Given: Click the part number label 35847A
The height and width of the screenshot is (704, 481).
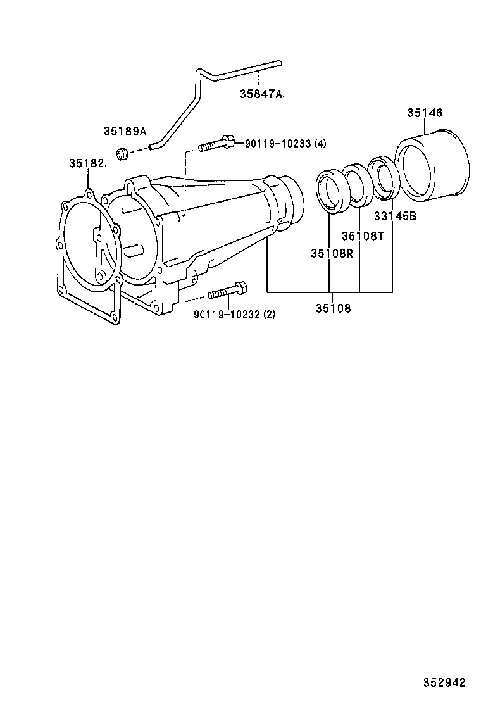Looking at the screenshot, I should pos(261,94).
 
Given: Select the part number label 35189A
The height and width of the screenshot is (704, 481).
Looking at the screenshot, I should pos(125,131).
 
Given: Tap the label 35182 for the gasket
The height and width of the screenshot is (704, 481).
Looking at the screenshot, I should pos(86,163).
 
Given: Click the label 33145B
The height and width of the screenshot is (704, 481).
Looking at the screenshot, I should pos(394,216).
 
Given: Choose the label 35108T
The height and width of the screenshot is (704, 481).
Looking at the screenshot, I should pos(363,236).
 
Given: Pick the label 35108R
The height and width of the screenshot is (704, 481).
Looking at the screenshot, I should pos(332,253).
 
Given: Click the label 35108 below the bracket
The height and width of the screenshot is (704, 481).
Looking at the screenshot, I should pos(332,308).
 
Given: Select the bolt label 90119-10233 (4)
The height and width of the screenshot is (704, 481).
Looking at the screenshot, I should pos(285,144).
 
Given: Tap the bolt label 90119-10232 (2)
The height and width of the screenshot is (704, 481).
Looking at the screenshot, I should pos(234,314).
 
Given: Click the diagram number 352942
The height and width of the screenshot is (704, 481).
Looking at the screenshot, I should pos(444,682).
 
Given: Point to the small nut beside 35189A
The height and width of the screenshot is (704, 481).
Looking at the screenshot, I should pos(123,153).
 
